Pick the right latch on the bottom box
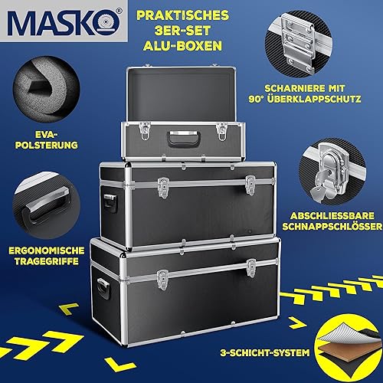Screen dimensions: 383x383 (x=251, y=266)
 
